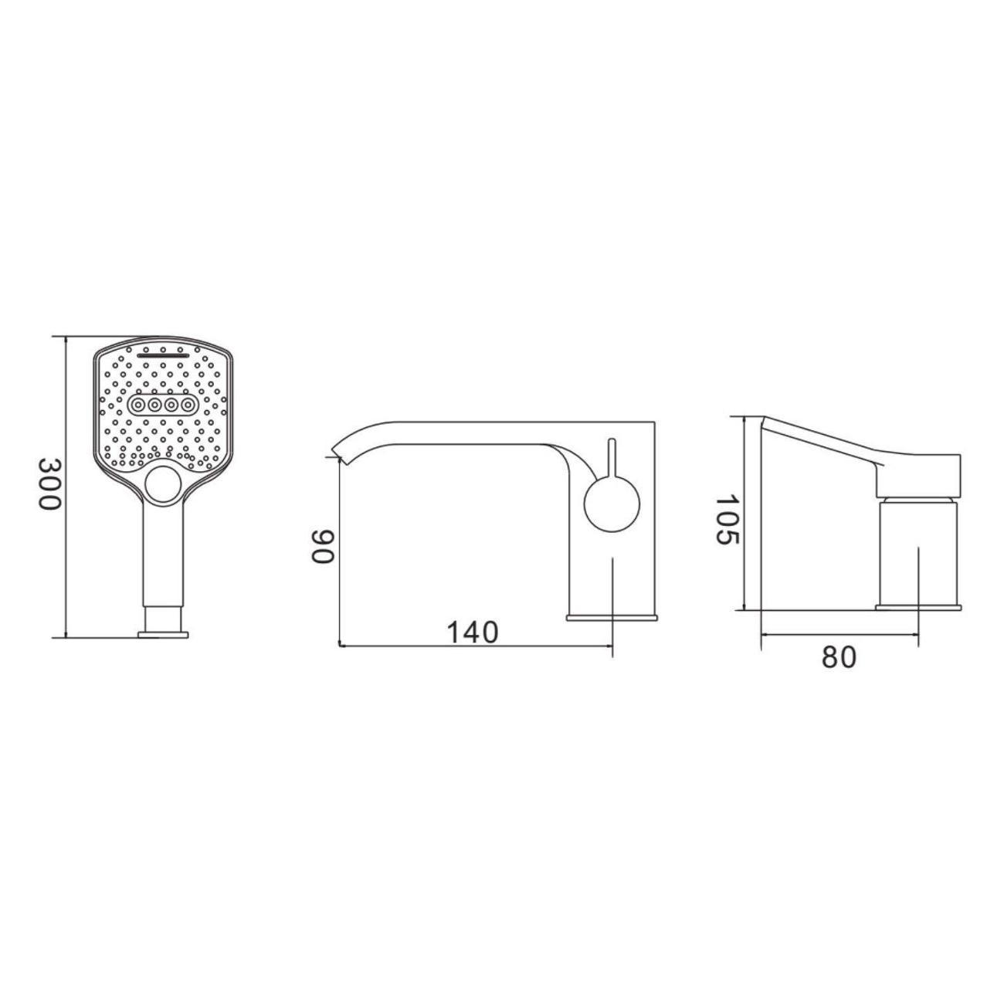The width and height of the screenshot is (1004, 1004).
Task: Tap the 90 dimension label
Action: click(x=322, y=547)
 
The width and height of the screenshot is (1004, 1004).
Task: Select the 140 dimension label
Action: click(x=473, y=633)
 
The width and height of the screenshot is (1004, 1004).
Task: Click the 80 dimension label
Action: click(x=839, y=657)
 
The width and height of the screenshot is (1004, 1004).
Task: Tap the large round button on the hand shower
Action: click(x=162, y=484)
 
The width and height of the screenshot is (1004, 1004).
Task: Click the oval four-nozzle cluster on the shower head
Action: click(x=162, y=404)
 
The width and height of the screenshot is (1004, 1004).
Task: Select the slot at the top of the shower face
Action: click(x=163, y=356)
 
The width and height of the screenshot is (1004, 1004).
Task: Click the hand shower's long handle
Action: click(x=163, y=555)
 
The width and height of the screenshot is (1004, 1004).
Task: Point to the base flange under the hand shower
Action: click(x=163, y=635)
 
